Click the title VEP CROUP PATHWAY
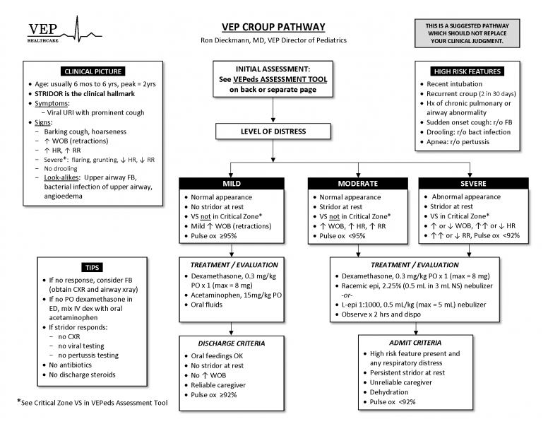(x=273, y=27)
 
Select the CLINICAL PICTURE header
(x=93, y=71)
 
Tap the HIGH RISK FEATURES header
(x=467, y=71)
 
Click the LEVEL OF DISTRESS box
(x=273, y=131)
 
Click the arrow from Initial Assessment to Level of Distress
(x=273, y=110)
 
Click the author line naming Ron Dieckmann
(x=273, y=40)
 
